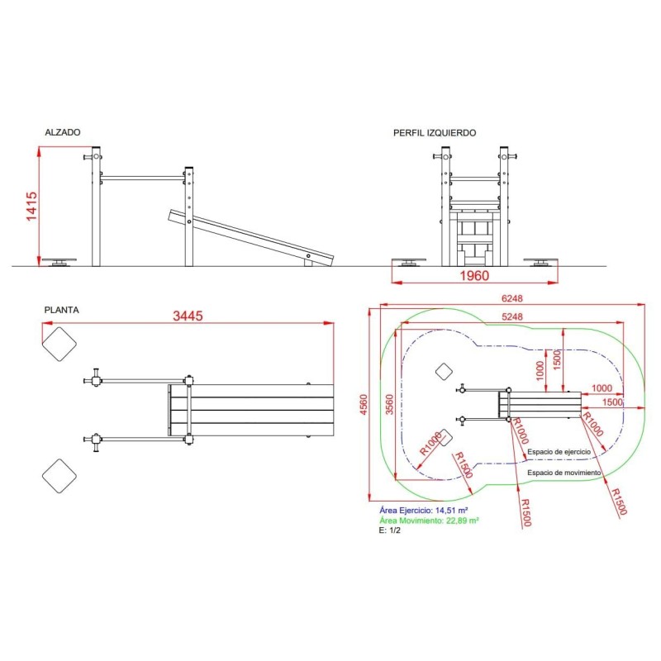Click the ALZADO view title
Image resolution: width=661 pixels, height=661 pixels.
coord(63,132)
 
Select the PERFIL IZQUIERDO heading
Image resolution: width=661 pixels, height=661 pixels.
coord(435,133)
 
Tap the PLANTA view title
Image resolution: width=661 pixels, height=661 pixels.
coord(61,311)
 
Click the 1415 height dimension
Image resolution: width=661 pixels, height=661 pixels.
coord(31,207)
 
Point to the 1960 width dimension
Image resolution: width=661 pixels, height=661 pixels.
coord(474,276)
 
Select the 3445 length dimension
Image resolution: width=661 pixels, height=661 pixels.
coord(188,316)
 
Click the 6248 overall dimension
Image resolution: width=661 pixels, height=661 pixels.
coord(511,298)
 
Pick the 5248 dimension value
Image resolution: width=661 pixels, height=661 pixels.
coord(511,316)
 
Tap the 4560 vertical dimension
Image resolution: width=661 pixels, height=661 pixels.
coord(364,404)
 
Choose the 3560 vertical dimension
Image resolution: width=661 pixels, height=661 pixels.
coord(389,404)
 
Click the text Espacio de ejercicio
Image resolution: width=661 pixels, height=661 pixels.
coord(559,452)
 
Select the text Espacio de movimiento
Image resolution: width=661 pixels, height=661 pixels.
coord(564,473)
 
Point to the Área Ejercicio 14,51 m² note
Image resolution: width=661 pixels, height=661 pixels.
coord(423,511)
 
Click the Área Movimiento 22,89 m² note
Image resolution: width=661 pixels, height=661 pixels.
coord(429,521)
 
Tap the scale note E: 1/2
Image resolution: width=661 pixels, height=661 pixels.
coord(389,530)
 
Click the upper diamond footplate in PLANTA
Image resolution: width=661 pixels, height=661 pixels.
coord(59,344)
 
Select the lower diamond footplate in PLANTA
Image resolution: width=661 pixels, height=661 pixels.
coord(59,476)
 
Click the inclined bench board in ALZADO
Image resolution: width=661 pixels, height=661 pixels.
coord(251,238)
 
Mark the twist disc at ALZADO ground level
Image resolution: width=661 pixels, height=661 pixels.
coord(59,262)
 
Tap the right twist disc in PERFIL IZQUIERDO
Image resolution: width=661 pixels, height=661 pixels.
coord(541,262)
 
